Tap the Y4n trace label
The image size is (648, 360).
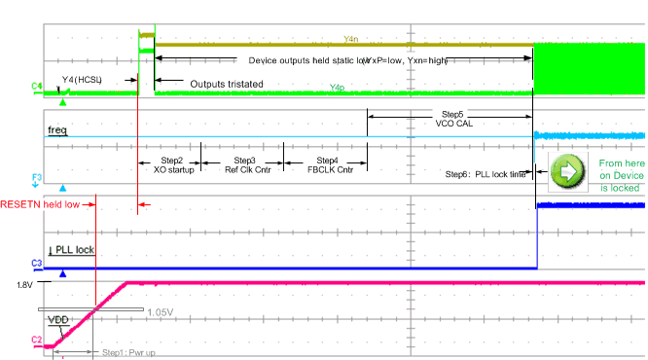pyautogui.click(x=351, y=39)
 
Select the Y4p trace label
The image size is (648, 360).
pyautogui.click(x=337, y=88)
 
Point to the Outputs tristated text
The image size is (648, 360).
pyautogui.click(x=226, y=84)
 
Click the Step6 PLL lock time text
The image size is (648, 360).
pyautogui.click(x=486, y=173)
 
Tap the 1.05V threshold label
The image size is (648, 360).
pyautogui.click(x=161, y=311)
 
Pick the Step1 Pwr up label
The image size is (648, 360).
pyautogui.click(x=128, y=353)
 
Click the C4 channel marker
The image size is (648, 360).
pyautogui.click(x=36, y=88)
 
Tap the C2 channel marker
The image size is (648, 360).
pyautogui.click(x=36, y=341)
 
